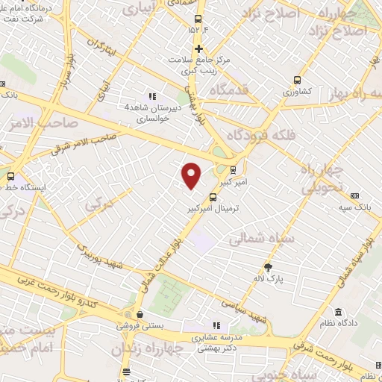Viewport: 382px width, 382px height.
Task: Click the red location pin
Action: pyautogui.click(x=192, y=175)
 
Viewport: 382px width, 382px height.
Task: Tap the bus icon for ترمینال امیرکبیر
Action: pyautogui.click(x=214, y=198)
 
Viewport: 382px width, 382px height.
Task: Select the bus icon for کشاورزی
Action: pyautogui.click(x=298, y=80)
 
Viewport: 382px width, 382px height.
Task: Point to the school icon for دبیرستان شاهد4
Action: pyautogui.click(x=153, y=96)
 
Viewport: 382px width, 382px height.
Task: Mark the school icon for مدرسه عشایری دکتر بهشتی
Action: pyautogui.click(x=216, y=325)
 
